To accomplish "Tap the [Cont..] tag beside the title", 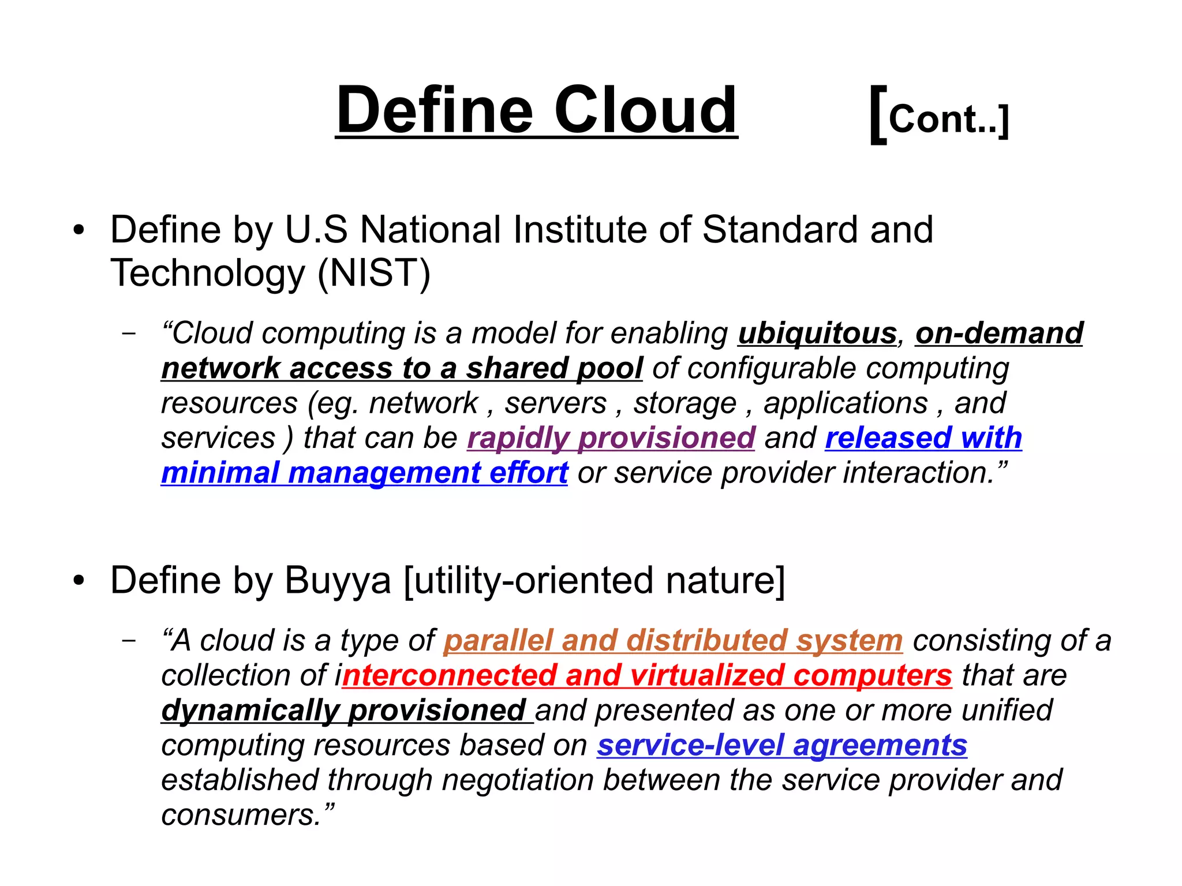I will pyautogui.click(x=940, y=117).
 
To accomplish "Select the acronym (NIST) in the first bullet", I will pyautogui.click(x=374, y=273).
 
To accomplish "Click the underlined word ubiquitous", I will pyautogui.click(x=817, y=334).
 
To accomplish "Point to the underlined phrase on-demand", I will pyautogui.click(x=999, y=334).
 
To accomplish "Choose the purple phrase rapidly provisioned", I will pyautogui.click(x=611, y=438).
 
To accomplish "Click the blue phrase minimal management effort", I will pyautogui.click(x=364, y=473).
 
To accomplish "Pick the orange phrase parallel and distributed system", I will pyautogui.click(x=673, y=641).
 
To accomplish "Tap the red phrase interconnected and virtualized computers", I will pyautogui.click(x=646, y=675).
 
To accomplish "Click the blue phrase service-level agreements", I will pyautogui.click(x=782, y=745).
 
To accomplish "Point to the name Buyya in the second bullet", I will pyautogui.click(x=338, y=581).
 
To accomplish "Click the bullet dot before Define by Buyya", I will pyautogui.click(x=79, y=581).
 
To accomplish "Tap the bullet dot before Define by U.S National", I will pyautogui.click(x=79, y=231).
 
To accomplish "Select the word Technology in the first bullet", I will pyautogui.click(x=208, y=273).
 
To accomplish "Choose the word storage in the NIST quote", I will pyautogui.click(x=685, y=403).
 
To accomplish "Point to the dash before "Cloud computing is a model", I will pyautogui.click(x=129, y=334).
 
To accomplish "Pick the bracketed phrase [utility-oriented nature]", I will pyautogui.click(x=594, y=581).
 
